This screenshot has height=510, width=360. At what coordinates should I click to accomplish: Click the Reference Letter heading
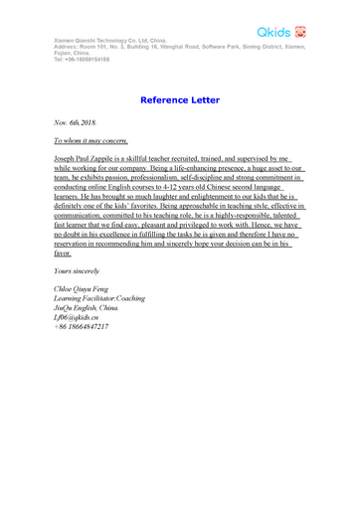pyautogui.click(x=180, y=100)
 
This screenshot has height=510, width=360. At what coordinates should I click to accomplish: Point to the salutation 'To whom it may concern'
pyautogui.click(x=90, y=143)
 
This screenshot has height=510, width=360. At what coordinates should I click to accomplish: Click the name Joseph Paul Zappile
pyautogui.click(x=90, y=158)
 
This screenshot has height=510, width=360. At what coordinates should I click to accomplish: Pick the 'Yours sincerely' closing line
pyautogui.click(x=77, y=271)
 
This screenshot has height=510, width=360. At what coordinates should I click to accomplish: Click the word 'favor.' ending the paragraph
pyautogui.click(x=63, y=254)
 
